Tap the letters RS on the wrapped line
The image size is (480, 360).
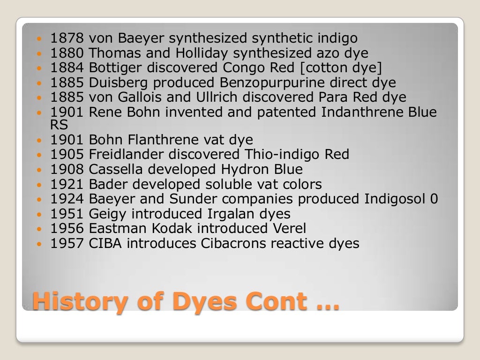pyautogui.click(x=59, y=125)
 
